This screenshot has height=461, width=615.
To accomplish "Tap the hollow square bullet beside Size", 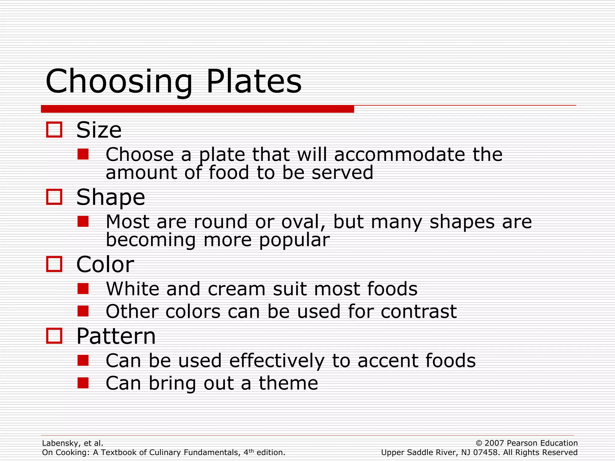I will pyautogui.click(x=54, y=130).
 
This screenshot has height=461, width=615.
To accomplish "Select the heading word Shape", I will pyautogui.click(x=111, y=197).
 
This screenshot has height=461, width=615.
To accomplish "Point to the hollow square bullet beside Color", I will pyautogui.click(x=54, y=264).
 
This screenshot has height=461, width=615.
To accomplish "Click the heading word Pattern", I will pyautogui.click(x=116, y=336).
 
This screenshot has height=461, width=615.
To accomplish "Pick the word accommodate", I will pyautogui.click(x=399, y=155).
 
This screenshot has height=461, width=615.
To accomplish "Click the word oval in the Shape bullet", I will pyautogui.click(x=303, y=222).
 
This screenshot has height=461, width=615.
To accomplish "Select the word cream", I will pyautogui.click(x=237, y=289).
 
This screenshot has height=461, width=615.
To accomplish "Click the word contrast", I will pyautogui.click(x=419, y=312).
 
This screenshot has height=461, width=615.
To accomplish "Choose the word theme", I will pyautogui.click(x=288, y=383).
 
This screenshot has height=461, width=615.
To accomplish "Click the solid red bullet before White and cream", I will pyautogui.click(x=83, y=289).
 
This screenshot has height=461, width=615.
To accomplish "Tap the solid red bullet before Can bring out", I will pyautogui.click(x=83, y=383).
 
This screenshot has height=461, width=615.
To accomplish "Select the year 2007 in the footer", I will pyautogui.click(x=494, y=443).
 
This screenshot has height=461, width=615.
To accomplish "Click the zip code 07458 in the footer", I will pyautogui.click(x=486, y=453).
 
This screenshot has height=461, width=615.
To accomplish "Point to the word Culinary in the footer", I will pyautogui.click(x=170, y=453).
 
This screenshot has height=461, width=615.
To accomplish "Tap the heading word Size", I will pyautogui.click(x=99, y=130).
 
